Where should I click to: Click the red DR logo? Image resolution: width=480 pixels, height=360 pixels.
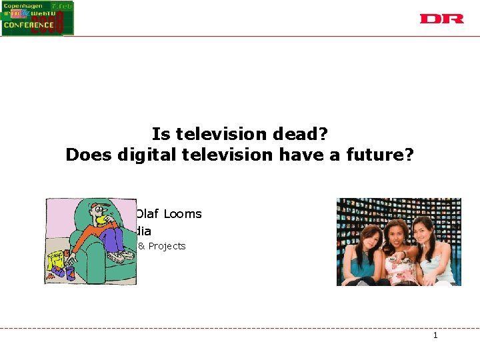441,19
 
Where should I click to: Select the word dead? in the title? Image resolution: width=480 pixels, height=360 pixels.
299,134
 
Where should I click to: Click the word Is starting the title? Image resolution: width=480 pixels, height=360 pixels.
159,134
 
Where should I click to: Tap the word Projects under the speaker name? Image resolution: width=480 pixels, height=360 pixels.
167,246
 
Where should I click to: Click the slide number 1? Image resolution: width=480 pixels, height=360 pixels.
435,335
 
